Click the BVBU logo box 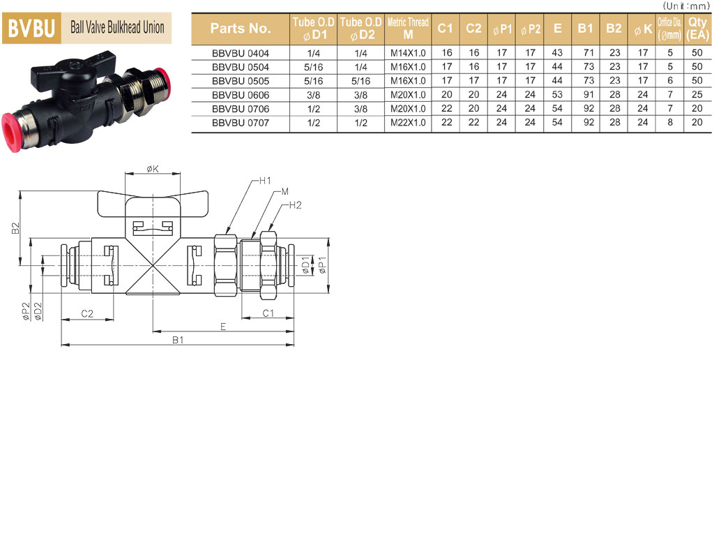32,28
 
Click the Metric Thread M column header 408,28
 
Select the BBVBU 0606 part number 241,95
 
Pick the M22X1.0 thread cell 408,123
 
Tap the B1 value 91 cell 588,95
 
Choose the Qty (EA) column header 697,28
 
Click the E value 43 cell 557,53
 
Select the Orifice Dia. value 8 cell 670,123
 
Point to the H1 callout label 265,181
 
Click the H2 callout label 295,205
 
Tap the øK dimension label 153,169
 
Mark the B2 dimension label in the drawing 15,228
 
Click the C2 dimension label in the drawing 87,313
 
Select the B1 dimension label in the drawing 178,340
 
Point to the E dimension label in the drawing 223,327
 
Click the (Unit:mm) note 687,6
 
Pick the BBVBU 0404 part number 241,53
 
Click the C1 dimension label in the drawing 268,313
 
